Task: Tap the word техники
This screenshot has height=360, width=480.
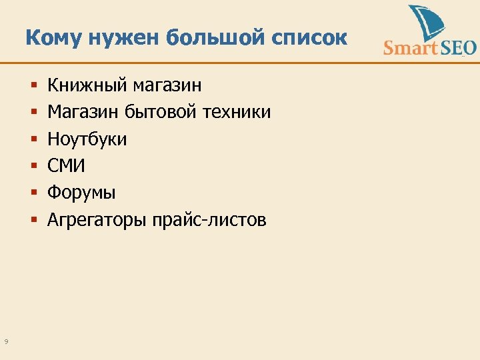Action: tap(237, 112)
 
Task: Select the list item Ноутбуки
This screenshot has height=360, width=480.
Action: tap(87, 139)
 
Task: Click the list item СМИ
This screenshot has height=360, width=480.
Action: tap(66, 166)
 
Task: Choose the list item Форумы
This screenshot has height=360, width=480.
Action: tap(81, 193)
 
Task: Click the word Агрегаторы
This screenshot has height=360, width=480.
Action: tap(97, 220)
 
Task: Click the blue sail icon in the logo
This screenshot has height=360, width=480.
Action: tap(426, 24)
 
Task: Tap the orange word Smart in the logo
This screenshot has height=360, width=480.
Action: tap(409, 48)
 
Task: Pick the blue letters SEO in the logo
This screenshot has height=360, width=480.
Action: tap(456, 48)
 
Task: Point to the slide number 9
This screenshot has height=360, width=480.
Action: tap(6, 342)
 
